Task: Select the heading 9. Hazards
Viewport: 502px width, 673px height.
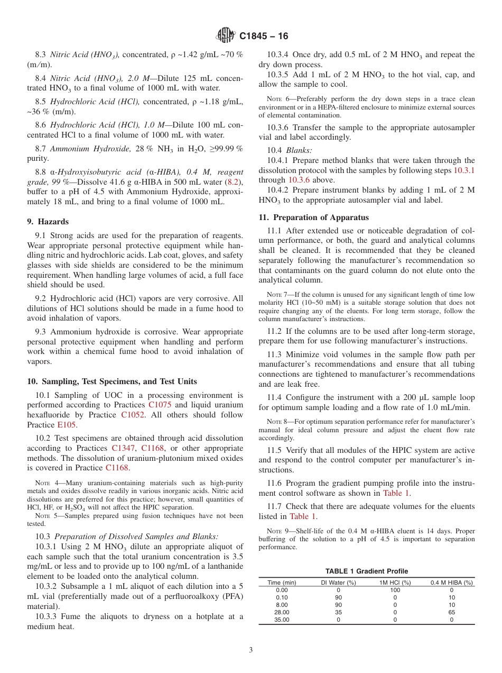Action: (48, 222)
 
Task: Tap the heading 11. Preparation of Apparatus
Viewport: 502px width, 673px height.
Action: (313, 217)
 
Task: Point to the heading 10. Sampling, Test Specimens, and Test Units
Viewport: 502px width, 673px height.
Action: (111, 381)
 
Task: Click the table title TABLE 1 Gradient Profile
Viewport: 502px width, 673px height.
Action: (366, 571)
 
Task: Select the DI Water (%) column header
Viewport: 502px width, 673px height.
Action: (339, 583)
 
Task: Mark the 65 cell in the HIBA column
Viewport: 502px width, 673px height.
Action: (452, 612)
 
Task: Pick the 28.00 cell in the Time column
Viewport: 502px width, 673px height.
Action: (282, 612)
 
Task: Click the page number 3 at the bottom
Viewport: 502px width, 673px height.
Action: (251, 650)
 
